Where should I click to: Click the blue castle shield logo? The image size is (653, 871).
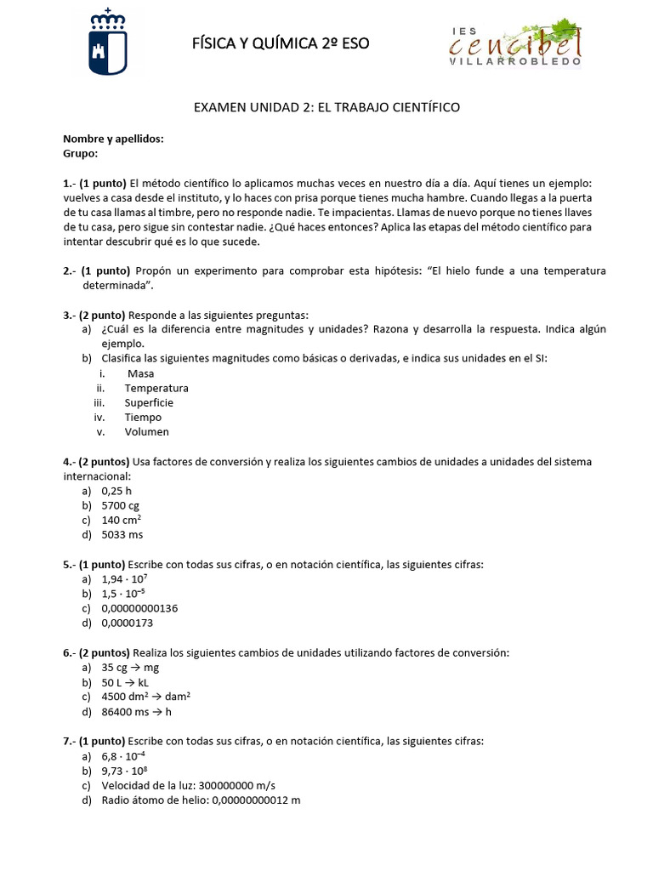pyautogui.click(x=108, y=43)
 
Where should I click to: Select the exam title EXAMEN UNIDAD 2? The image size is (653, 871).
pyautogui.click(x=326, y=107)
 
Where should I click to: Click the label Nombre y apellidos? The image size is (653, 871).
pyautogui.click(x=113, y=139)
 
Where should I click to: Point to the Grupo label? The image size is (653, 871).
pyautogui.click(x=81, y=153)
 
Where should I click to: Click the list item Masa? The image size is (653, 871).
pyautogui.click(x=140, y=373)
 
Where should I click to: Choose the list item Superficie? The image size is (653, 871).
pyautogui.click(x=149, y=402)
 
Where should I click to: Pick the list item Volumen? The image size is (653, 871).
pyautogui.click(x=146, y=431)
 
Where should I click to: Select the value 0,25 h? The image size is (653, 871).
pyautogui.click(x=116, y=491)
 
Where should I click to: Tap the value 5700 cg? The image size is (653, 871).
pyautogui.click(x=120, y=505)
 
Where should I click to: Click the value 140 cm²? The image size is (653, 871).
pyautogui.click(x=121, y=520)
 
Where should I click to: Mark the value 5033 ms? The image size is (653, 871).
pyautogui.click(x=122, y=535)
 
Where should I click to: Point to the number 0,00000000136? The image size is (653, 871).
pyautogui.click(x=139, y=608)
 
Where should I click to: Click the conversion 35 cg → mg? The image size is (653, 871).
pyautogui.click(x=130, y=668)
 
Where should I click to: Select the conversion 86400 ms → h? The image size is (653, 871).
pyautogui.click(x=136, y=712)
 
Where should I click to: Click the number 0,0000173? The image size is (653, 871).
pyautogui.click(x=127, y=623)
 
